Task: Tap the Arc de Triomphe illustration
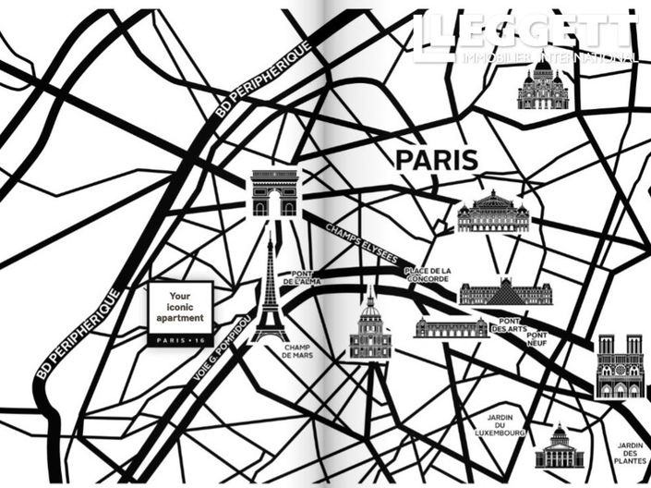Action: pos(274,193)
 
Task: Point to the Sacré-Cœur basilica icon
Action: pos(543,84)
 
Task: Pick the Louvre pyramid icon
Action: pos(505,292)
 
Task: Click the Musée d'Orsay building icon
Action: pos(451,327)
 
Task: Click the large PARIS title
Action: pos(437,159)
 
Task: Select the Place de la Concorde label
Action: pos(427,274)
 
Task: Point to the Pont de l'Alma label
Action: pos(306,277)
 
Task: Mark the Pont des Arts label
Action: pos(510,323)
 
